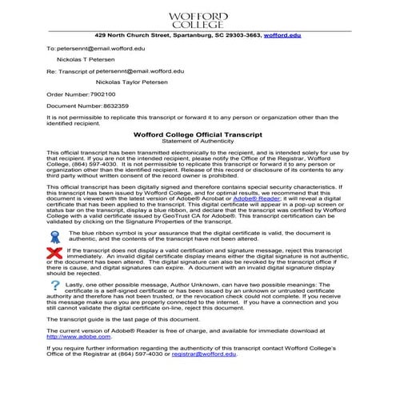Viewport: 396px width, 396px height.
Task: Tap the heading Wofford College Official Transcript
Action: [198, 135]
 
